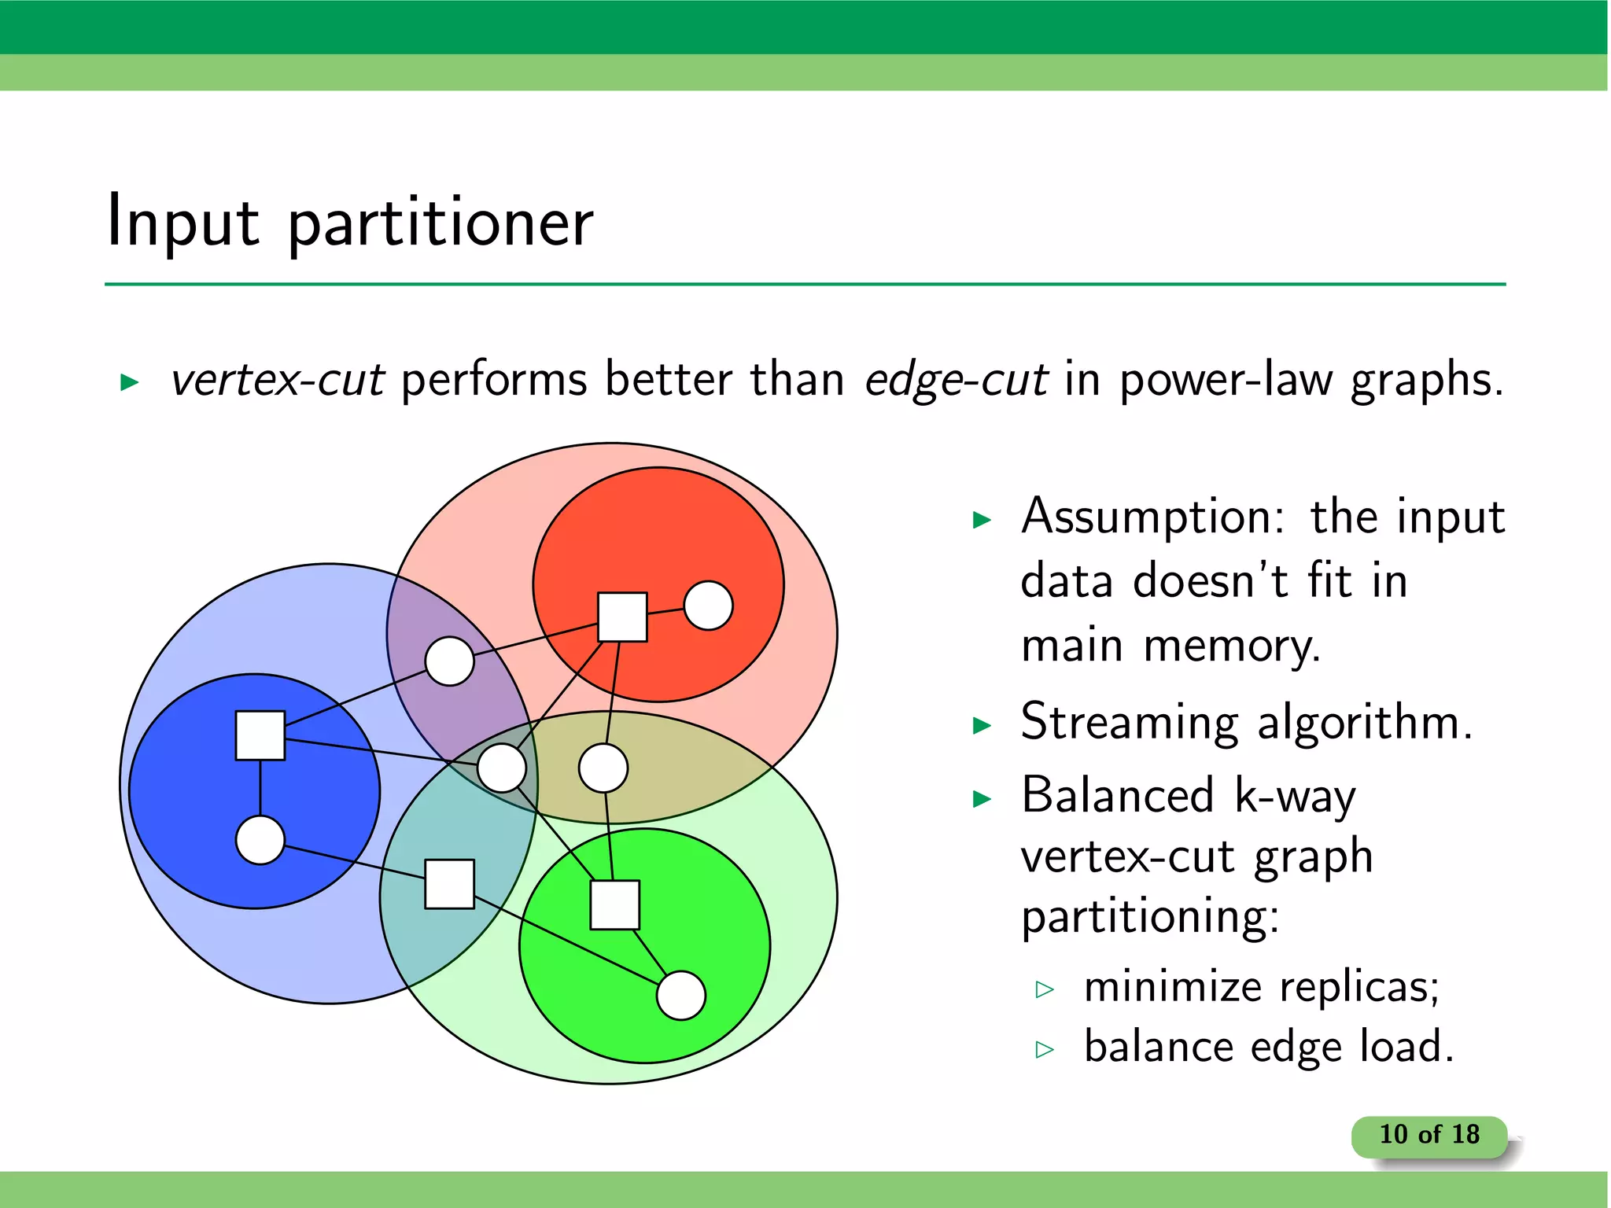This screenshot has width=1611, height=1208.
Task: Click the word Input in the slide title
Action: [x=182, y=222]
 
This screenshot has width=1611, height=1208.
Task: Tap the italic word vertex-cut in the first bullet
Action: [x=278, y=380]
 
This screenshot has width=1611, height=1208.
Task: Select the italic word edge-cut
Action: [x=956, y=380]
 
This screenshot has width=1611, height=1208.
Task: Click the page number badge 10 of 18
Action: [x=1429, y=1135]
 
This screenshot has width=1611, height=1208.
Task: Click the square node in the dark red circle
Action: [x=622, y=617]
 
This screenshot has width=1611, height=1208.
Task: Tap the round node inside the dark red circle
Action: [x=708, y=606]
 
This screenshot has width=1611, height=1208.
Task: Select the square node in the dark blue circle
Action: [x=260, y=735]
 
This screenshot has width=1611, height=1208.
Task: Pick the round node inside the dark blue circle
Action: [x=260, y=840]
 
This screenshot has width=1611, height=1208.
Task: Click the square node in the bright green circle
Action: [x=614, y=905]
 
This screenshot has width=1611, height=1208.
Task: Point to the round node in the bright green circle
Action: [x=680, y=996]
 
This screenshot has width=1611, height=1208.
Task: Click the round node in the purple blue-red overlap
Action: [x=449, y=661]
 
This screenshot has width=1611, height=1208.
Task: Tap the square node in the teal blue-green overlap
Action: [x=449, y=884]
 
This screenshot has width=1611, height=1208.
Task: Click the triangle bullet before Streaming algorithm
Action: [x=982, y=725]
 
